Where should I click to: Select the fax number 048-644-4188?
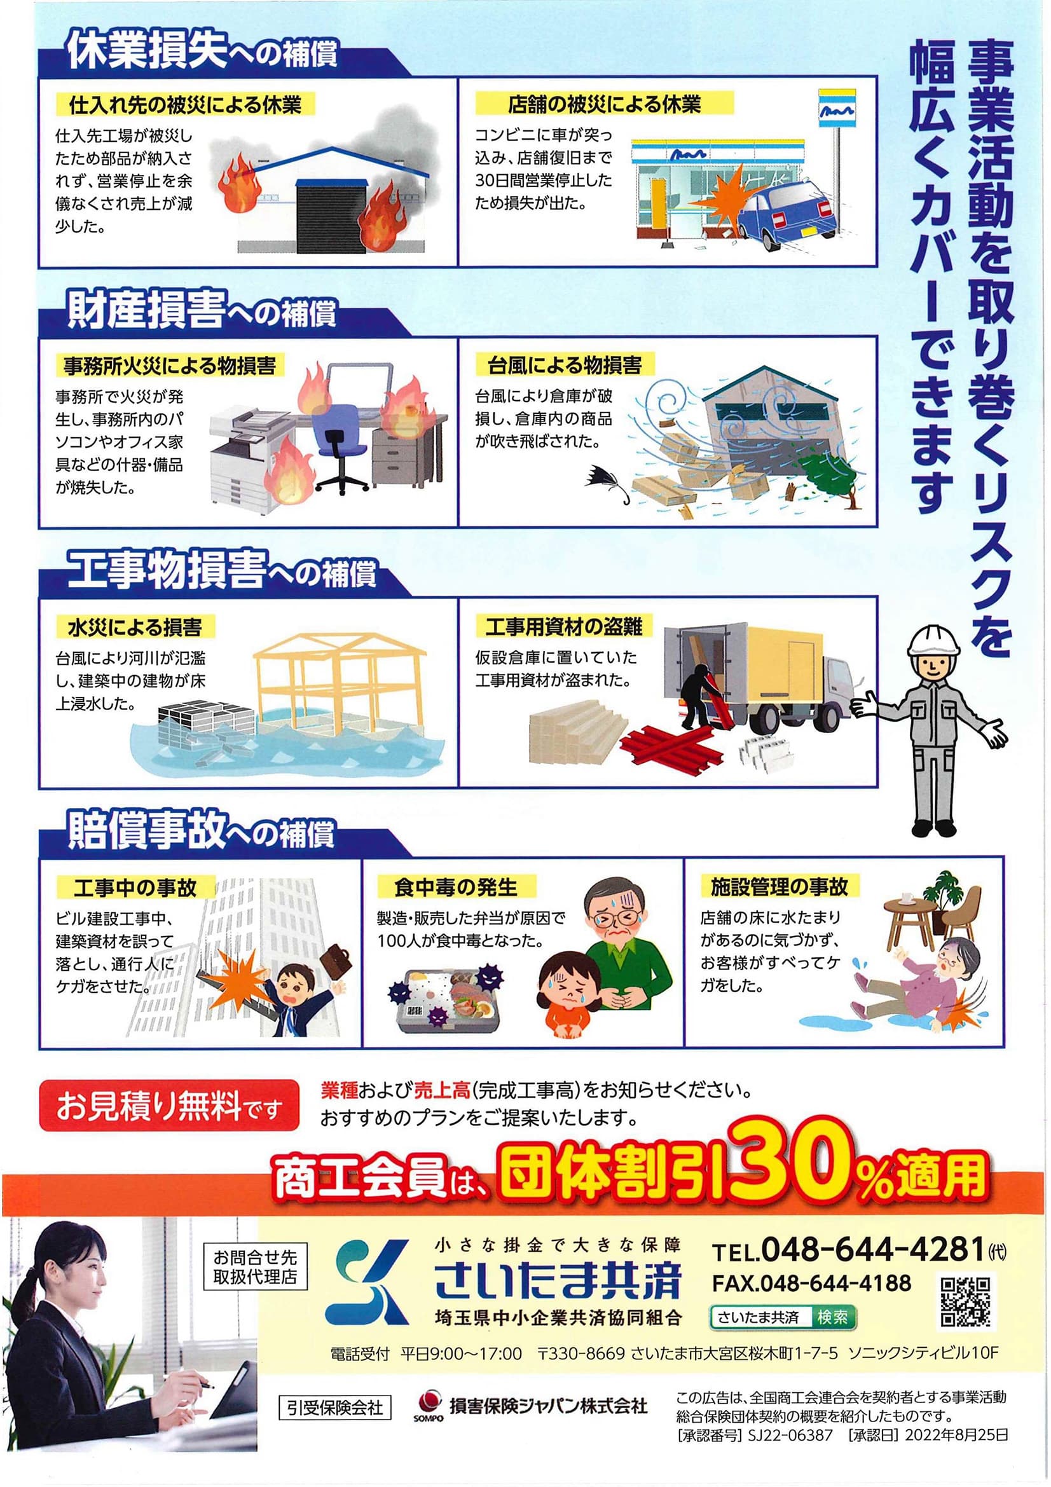tap(835, 1283)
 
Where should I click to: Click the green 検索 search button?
tap(832, 1317)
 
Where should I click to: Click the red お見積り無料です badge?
tap(170, 1106)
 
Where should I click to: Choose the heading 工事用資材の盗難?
tap(564, 626)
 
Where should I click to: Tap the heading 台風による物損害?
tap(565, 366)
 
